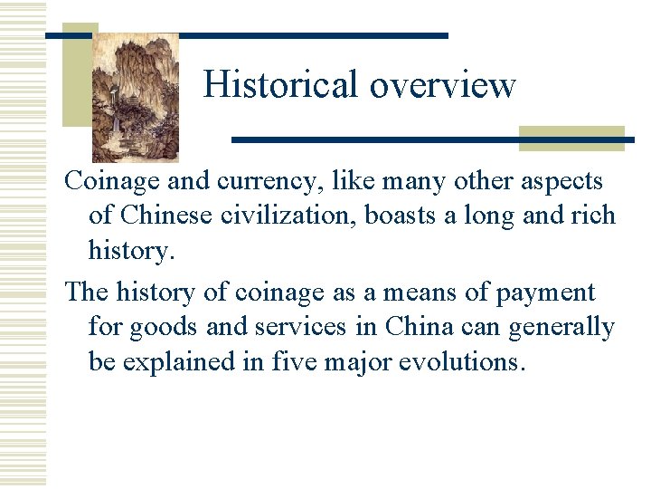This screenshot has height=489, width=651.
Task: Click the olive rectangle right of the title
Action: coord(571,138)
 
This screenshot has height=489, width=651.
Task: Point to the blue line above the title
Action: coord(271,35)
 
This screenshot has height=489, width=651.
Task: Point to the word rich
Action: coord(592,216)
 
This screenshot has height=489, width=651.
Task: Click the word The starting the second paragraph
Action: coord(86,292)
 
